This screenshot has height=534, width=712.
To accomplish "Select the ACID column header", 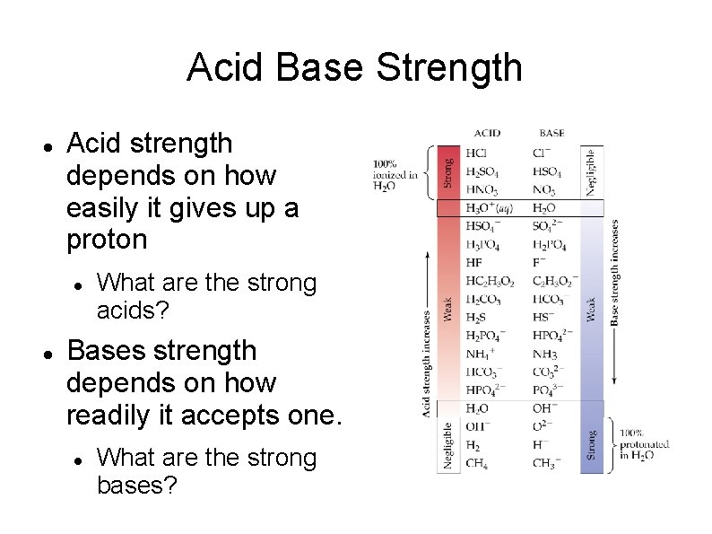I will tap(486, 133).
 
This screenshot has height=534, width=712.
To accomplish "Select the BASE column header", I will tap(551, 133).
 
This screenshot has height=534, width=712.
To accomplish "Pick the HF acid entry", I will tap(474, 262).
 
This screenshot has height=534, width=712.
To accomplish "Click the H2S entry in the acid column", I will tap(476, 317).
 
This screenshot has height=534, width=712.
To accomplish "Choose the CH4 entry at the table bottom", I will tap(477, 464).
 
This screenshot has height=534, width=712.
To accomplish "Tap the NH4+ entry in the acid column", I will tap(480, 354).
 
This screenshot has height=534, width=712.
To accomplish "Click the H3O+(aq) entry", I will tap(489, 208).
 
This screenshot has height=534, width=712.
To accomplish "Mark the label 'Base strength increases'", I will tap(615, 274).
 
